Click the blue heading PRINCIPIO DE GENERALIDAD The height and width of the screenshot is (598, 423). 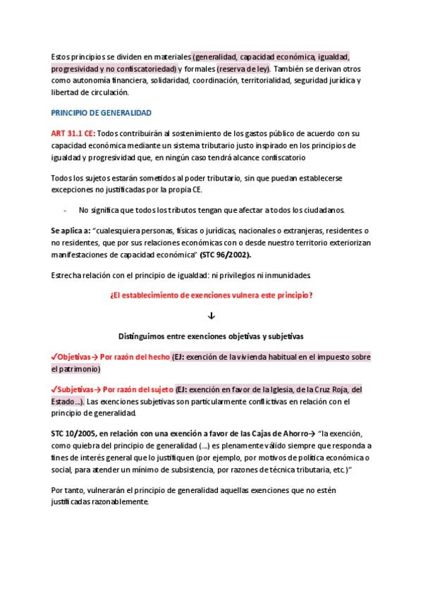(x=102, y=113)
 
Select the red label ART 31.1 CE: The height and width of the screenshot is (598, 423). (x=72, y=133)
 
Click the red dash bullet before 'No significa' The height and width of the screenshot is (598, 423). (x=65, y=210)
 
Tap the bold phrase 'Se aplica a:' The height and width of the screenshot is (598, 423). (x=70, y=231)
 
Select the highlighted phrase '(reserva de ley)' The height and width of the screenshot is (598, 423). (x=243, y=69)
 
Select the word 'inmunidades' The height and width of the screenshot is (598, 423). (x=287, y=275)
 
